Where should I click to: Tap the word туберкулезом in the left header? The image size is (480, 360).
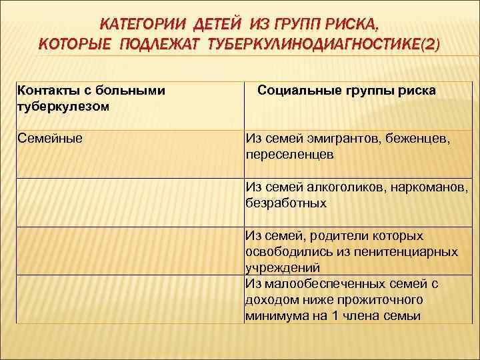63,105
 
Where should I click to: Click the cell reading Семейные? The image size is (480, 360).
49,138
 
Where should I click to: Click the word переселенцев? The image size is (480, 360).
289,153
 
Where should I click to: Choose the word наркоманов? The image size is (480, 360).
428,187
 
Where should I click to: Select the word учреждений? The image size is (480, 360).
283,267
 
